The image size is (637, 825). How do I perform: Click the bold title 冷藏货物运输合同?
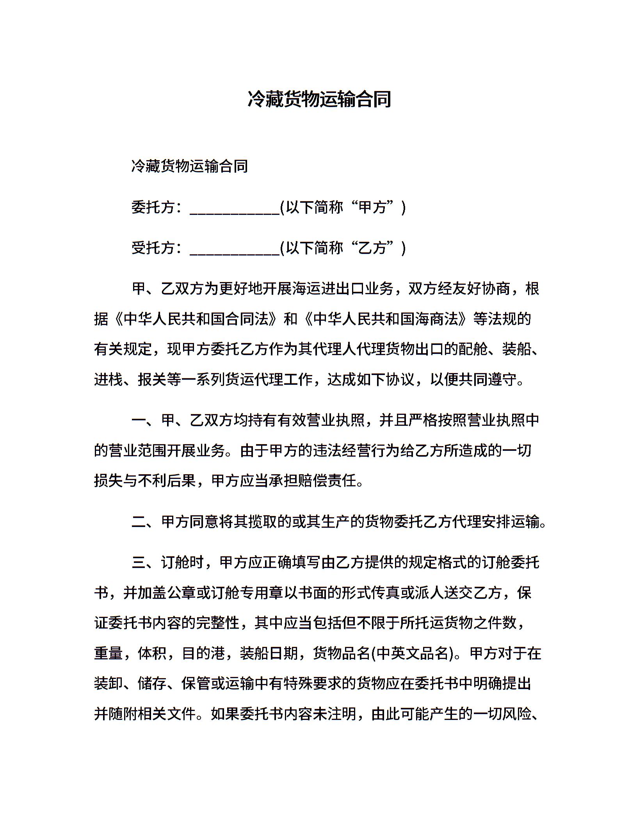coord(319,100)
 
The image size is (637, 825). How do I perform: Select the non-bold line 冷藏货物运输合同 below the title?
coord(190,166)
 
